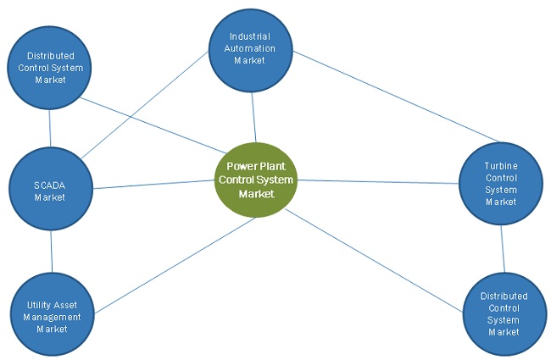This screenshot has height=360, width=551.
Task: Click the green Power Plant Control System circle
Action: coord(256,180)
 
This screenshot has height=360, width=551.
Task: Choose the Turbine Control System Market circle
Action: coord(500,183)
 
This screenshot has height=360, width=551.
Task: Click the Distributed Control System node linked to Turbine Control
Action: coord(504,312)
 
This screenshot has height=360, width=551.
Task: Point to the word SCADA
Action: coord(49,186)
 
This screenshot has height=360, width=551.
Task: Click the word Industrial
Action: coord(252,37)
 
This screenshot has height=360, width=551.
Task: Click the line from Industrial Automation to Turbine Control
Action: coord(398,97)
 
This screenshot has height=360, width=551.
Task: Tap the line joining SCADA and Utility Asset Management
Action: coord(52,252)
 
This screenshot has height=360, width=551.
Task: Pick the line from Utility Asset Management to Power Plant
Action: coord(173,263)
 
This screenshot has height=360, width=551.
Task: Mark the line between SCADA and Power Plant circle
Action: coord(153,184)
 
